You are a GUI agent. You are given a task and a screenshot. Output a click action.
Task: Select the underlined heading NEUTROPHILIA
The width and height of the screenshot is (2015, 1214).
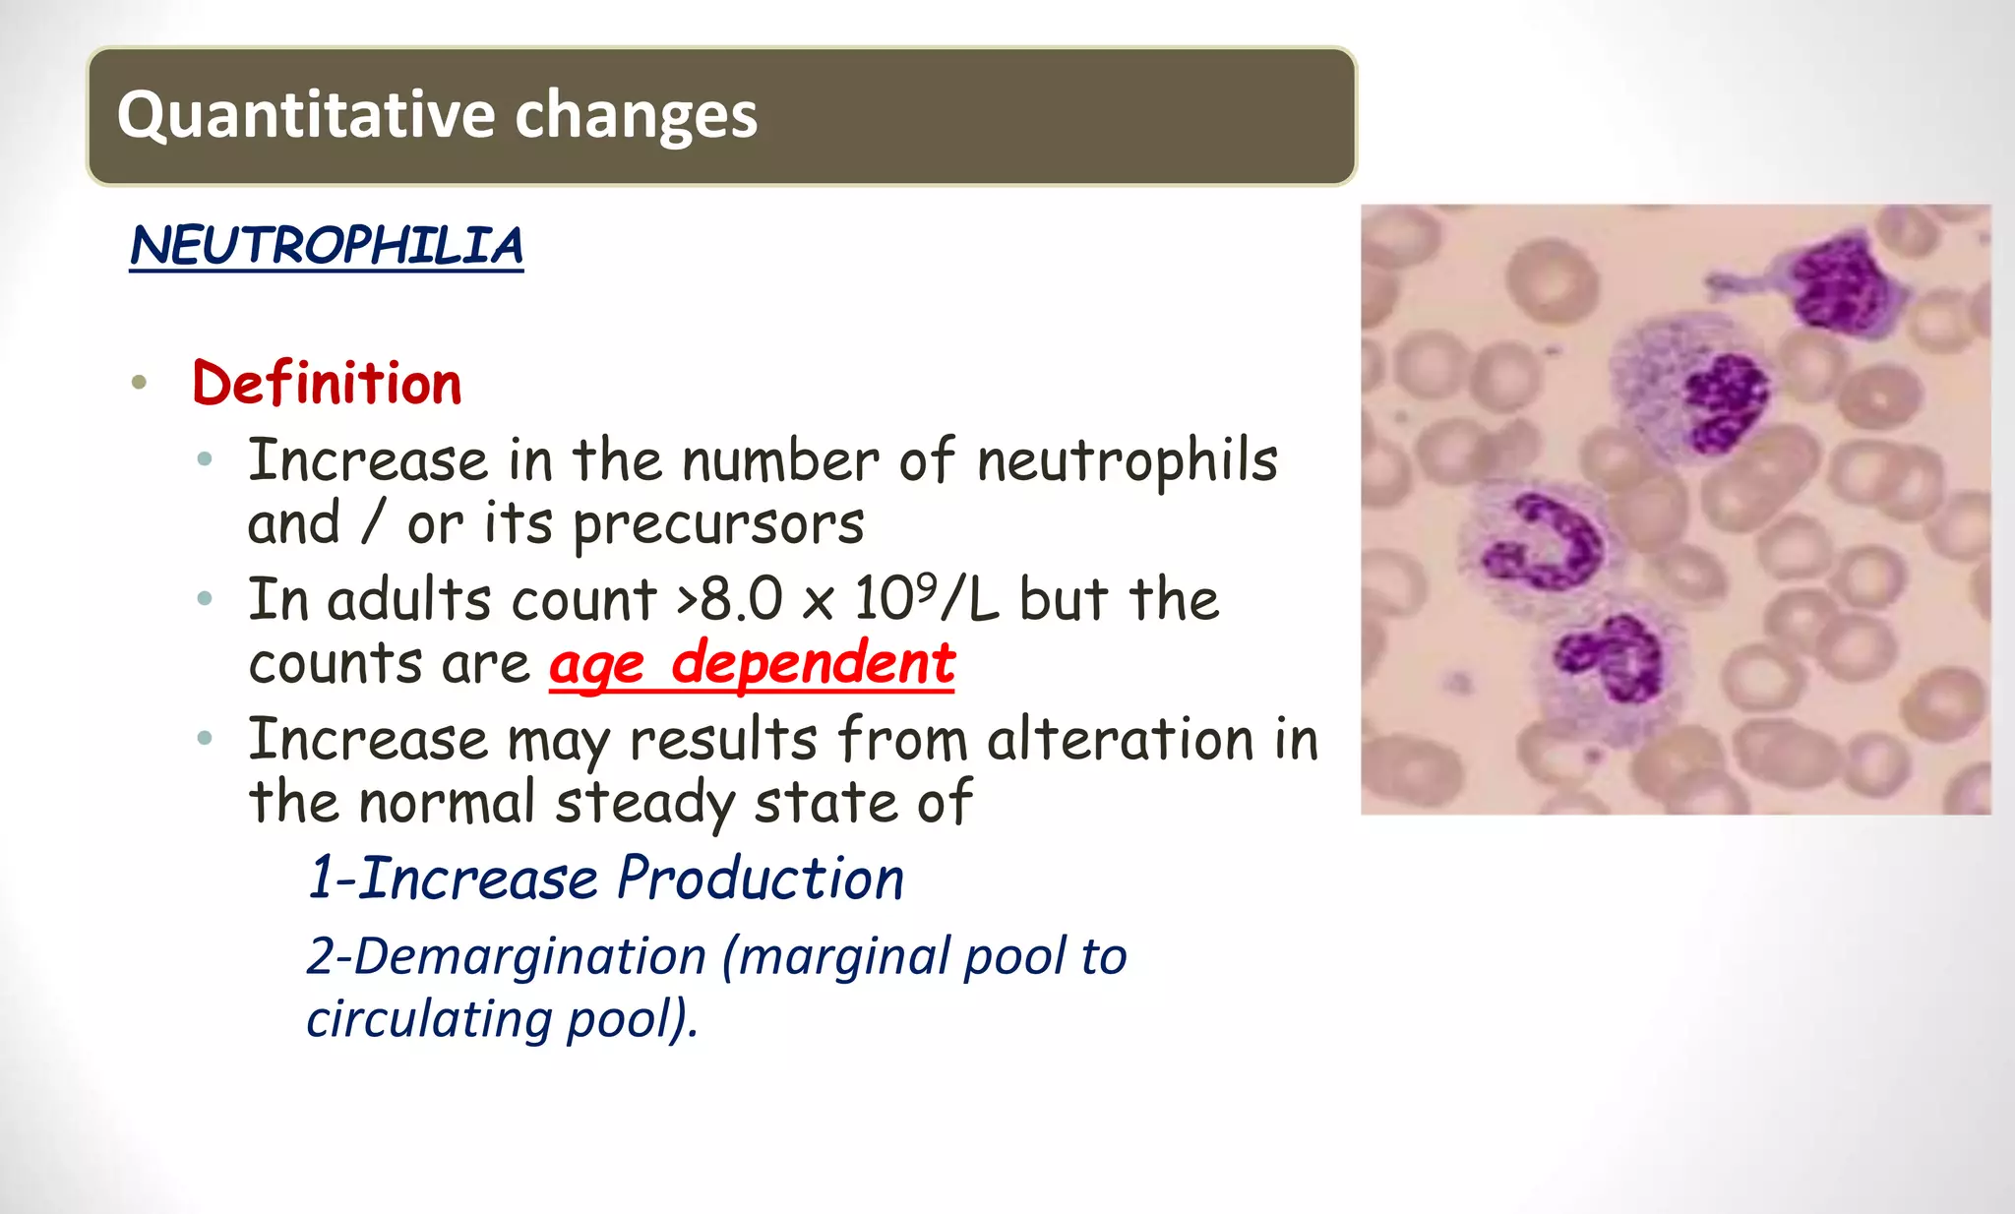pos(326,246)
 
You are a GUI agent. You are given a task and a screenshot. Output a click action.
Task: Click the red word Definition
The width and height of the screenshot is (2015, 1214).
pos(327,383)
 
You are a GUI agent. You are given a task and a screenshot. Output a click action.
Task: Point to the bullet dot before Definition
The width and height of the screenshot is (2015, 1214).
pos(139,383)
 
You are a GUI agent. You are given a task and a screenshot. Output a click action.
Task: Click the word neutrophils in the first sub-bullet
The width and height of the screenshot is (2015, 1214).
pos(1127,460)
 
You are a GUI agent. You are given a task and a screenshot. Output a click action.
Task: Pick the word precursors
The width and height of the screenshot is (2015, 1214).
pos(718,524)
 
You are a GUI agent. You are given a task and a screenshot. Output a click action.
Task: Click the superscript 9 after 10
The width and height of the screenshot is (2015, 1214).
pos(925,586)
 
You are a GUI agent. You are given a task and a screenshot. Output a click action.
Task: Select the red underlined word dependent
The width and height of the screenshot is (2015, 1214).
pos(813,663)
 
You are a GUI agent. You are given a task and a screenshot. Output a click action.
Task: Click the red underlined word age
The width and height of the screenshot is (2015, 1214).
pos(597,665)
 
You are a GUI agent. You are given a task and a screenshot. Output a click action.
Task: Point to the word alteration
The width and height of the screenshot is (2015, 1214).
pos(1120,739)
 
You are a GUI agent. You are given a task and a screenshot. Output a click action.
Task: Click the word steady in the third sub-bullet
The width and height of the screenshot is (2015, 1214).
pos(644,803)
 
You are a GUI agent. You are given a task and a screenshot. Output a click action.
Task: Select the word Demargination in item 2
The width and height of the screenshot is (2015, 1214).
pos(529,956)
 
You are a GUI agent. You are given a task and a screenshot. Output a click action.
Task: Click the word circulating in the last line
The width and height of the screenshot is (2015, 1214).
pos(428,1018)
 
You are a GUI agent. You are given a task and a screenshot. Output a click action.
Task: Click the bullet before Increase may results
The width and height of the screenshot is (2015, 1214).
pos(205,739)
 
